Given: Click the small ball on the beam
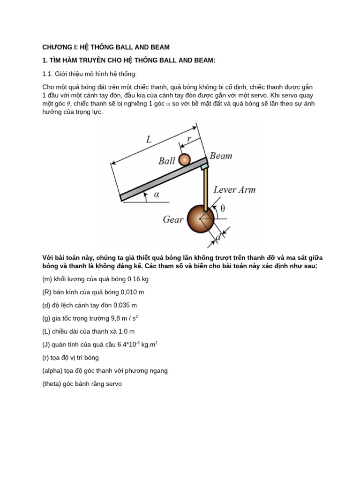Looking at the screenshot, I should pos(185,160).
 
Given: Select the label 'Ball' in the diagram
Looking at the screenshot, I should pos(166,161).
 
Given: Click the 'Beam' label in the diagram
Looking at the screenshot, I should pos(221,156).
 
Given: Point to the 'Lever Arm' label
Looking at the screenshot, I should pos(234,190).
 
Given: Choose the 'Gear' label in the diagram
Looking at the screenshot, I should pos(173,219).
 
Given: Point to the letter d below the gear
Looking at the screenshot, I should pos(217,238).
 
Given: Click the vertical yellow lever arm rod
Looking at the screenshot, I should pos(205,188).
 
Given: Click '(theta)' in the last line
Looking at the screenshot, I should pos(52,383).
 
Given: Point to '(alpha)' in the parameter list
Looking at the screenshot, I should pos(53,370).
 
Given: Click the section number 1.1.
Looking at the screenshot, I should pos(48,74).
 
